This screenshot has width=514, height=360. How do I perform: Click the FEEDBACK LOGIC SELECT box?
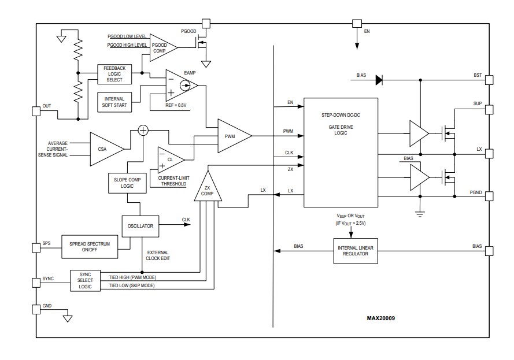tap(114, 74)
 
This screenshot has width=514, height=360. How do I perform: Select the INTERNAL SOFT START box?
tap(114, 102)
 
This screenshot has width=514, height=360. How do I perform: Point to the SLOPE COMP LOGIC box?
tap(125, 184)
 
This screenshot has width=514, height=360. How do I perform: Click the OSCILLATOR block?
tap(140, 226)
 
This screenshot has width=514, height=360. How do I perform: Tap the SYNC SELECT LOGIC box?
tap(85, 280)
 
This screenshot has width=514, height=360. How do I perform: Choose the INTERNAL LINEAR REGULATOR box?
tap(356, 251)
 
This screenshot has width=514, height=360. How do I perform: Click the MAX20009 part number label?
tap(381, 318)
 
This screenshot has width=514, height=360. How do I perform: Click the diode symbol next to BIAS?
tap(379, 80)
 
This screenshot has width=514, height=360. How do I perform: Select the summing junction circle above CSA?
tap(142, 131)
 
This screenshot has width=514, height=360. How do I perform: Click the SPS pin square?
tap(36, 247)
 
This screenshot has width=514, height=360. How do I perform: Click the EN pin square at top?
tap(356, 24)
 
